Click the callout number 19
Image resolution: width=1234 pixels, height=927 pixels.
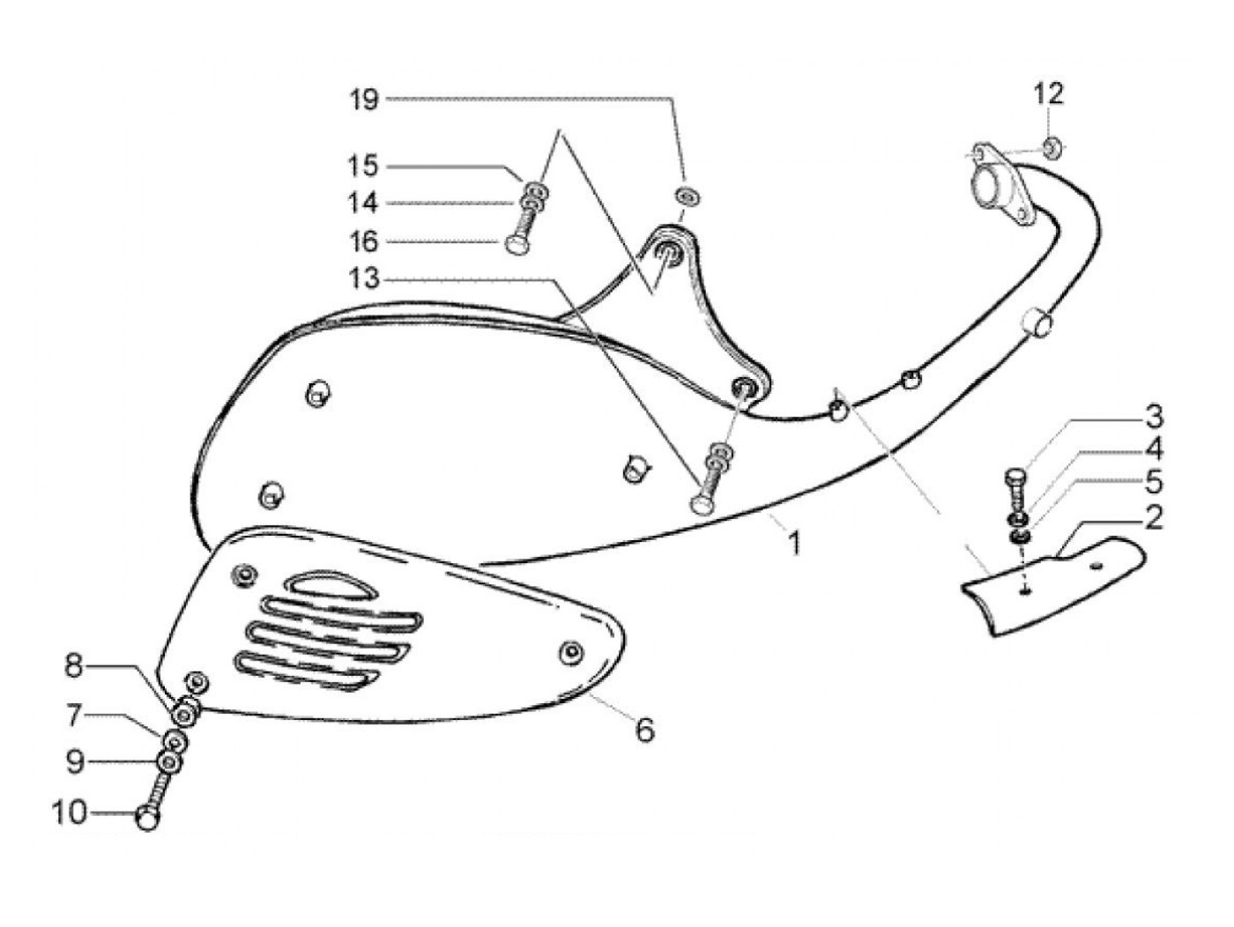coord(363,100)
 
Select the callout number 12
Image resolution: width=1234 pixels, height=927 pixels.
coord(1049,93)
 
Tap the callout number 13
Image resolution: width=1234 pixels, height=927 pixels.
coord(363,279)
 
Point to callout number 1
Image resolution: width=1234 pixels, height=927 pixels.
coord(794,543)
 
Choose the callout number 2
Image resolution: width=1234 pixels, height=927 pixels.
coord(1153,518)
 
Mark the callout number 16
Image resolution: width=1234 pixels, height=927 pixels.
coord(363,241)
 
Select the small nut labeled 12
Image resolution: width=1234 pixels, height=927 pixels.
coord(1051,146)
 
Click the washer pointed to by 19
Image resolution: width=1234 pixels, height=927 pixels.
coord(686,195)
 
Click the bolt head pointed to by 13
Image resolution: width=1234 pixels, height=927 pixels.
coord(701,503)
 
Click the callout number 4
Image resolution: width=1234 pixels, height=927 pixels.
coord(1153,450)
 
